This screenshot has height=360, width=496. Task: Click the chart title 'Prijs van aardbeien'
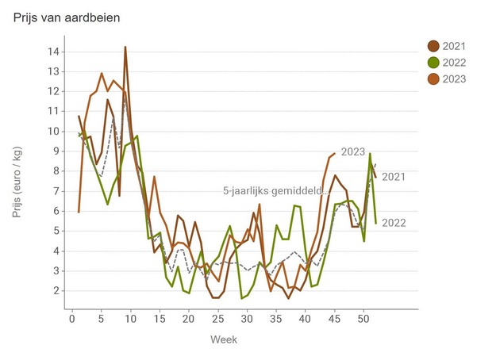tap(67, 17)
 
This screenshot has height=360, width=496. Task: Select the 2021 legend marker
tap(433, 46)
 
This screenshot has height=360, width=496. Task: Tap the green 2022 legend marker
tap(433, 63)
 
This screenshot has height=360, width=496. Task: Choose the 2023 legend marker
tap(433, 79)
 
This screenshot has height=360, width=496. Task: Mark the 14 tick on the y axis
tap(53, 52)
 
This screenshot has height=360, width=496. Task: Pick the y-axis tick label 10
tap(53, 132)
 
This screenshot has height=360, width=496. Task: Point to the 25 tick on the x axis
tap(217, 318)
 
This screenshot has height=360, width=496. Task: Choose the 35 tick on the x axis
tap(275, 318)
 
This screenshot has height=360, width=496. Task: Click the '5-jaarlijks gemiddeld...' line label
tap(275, 191)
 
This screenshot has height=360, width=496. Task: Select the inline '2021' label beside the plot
tap(394, 176)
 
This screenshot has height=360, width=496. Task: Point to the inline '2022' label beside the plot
tap(394, 223)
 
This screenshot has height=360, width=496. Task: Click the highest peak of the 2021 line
tap(125, 47)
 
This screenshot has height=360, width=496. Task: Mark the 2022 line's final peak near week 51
tap(370, 154)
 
